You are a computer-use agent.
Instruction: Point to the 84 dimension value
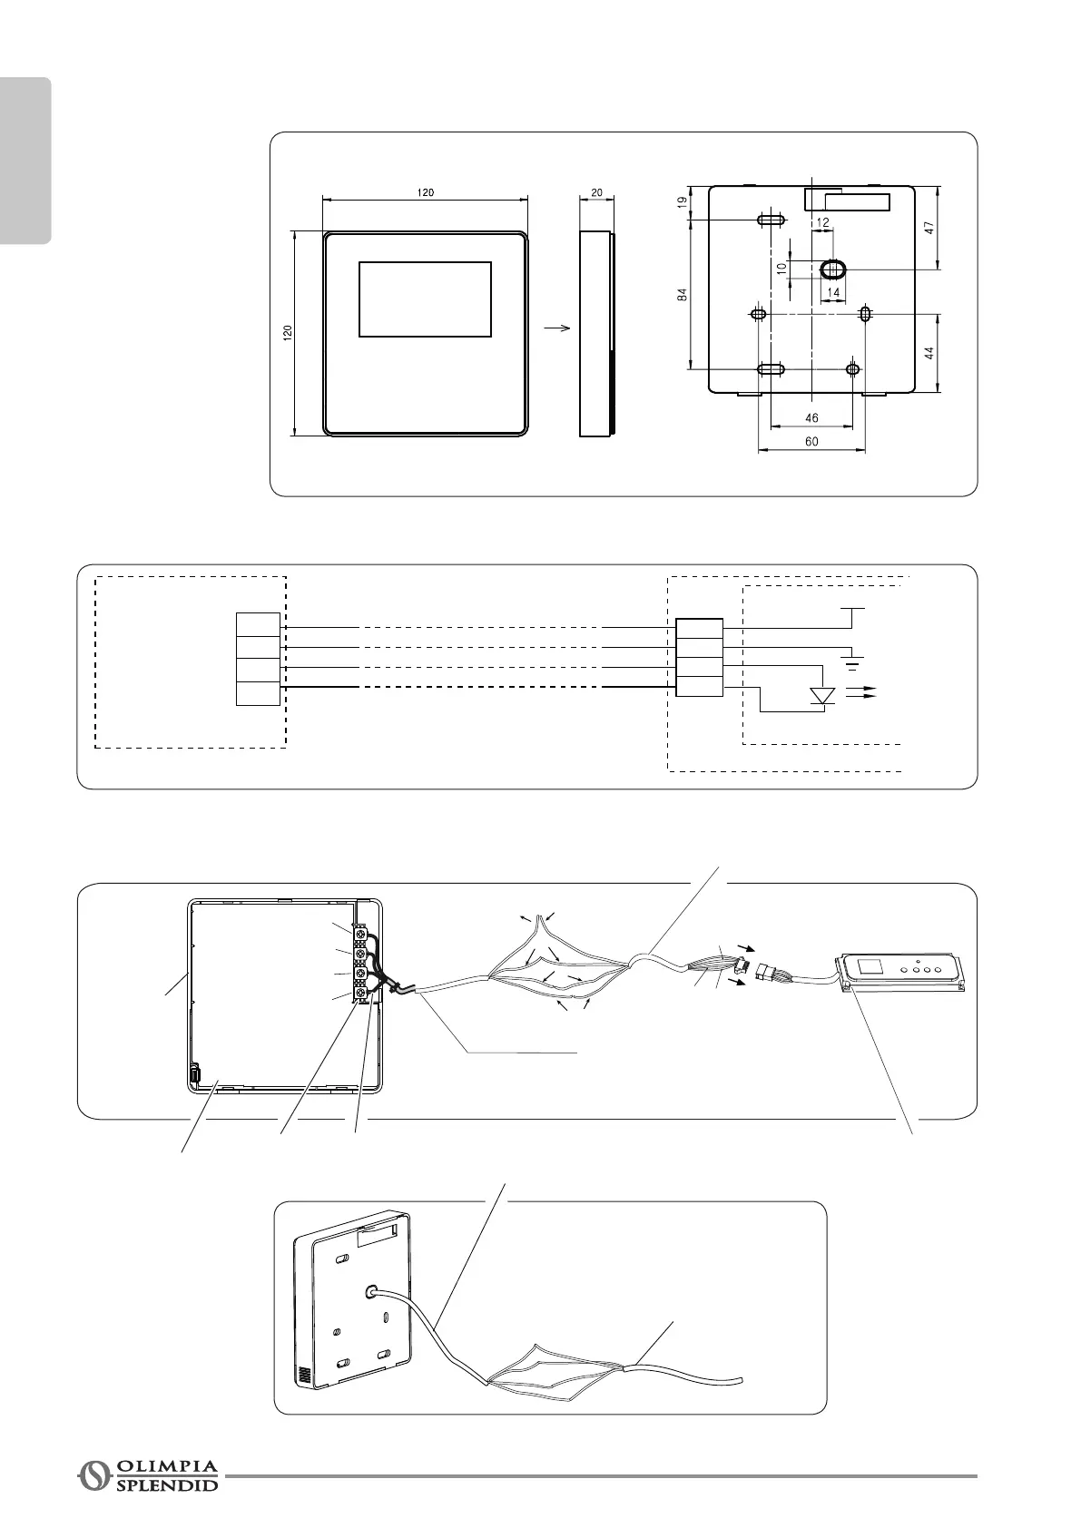pos(683,294)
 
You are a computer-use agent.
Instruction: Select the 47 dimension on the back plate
pos(929,230)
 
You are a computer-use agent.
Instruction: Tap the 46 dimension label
pos(811,418)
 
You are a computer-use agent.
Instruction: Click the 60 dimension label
pos(811,442)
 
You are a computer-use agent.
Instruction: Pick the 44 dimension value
pos(929,353)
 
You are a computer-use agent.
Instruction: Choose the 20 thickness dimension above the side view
pos(596,192)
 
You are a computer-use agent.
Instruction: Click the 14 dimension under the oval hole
pos(833,292)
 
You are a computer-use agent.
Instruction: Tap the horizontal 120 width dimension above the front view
pos(425,192)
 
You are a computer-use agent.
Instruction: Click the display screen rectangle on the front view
pos(425,299)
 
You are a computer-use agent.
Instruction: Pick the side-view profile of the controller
pos(596,334)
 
